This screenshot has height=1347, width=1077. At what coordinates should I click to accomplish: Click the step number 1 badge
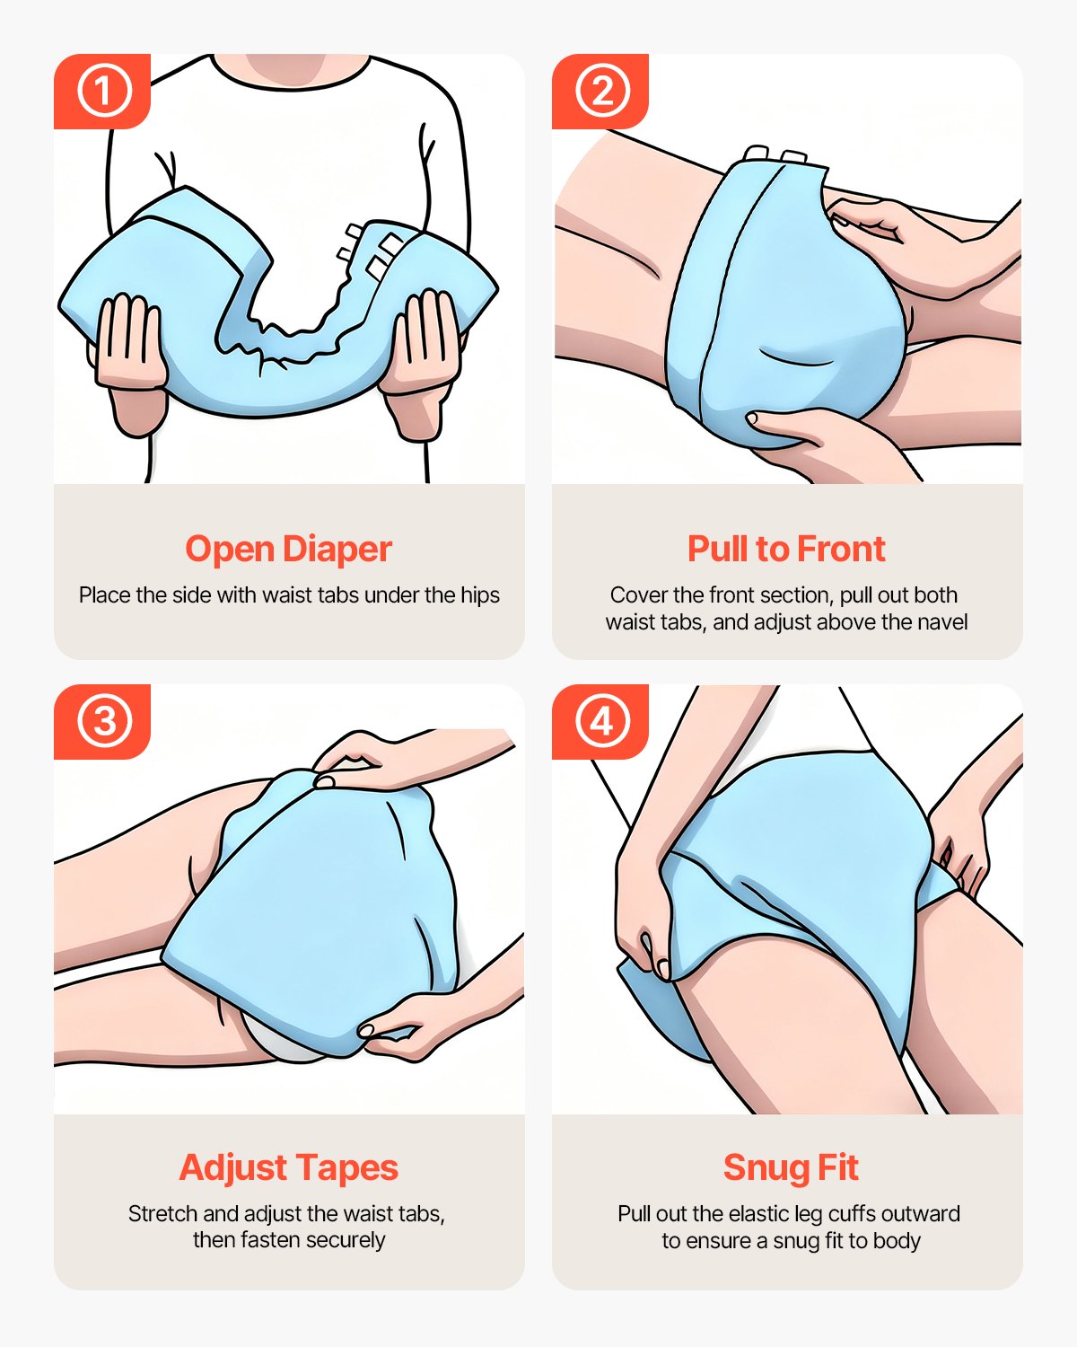click(x=103, y=91)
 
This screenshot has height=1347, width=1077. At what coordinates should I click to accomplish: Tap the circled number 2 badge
click(x=601, y=91)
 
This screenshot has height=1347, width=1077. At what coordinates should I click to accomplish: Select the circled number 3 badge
click(x=103, y=721)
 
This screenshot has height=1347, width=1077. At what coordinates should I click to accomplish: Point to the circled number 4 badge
click(x=601, y=721)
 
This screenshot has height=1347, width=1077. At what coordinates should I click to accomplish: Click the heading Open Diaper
click(x=288, y=549)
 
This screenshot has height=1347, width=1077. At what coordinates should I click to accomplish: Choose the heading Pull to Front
click(x=786, y=549)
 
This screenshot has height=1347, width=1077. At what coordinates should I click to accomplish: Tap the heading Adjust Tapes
click(x=288, y=1167)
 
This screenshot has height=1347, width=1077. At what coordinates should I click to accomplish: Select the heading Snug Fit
click(x=790, y=1167)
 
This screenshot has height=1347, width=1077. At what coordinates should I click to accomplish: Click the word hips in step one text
click(x=479, y=595)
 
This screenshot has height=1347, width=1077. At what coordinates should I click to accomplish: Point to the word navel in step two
click(x=941, y=622)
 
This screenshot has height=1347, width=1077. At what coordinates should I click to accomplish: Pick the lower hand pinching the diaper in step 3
click(x=404, y=1033)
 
